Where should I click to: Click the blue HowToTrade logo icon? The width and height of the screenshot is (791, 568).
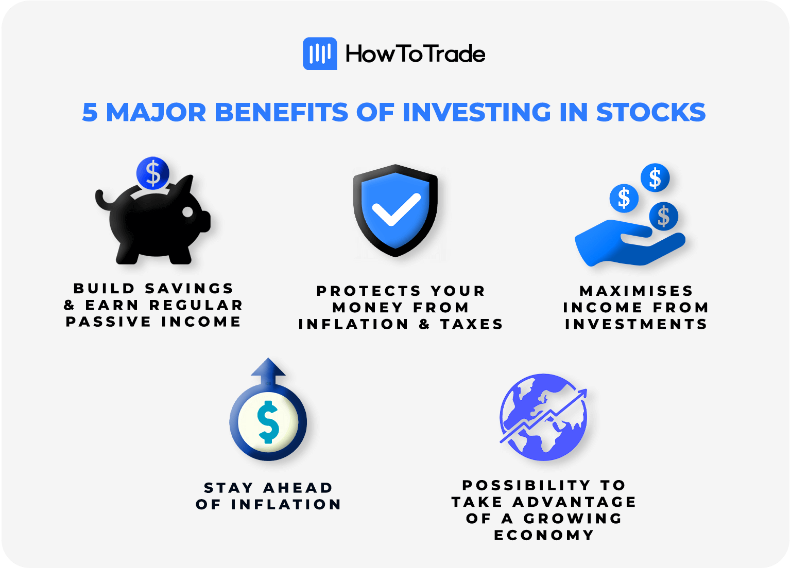click(320, 54)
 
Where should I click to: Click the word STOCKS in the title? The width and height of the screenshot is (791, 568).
click(651, 112)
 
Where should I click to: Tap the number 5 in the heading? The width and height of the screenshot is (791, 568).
click(90, 112)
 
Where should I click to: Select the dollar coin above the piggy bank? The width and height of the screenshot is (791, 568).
click(153, 173)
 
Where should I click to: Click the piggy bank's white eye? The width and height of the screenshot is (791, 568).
click(188, 212)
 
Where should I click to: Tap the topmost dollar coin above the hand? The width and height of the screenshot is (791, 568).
click(655, 179)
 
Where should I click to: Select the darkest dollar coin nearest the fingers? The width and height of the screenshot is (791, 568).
click(663, 216)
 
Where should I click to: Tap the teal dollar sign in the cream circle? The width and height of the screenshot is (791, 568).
click(268, 422)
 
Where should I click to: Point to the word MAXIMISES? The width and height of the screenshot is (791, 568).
click(637, 291)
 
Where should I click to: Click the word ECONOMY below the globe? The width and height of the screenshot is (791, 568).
click(544, 535)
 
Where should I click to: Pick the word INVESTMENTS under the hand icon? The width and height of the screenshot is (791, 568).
click(637, 324)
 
